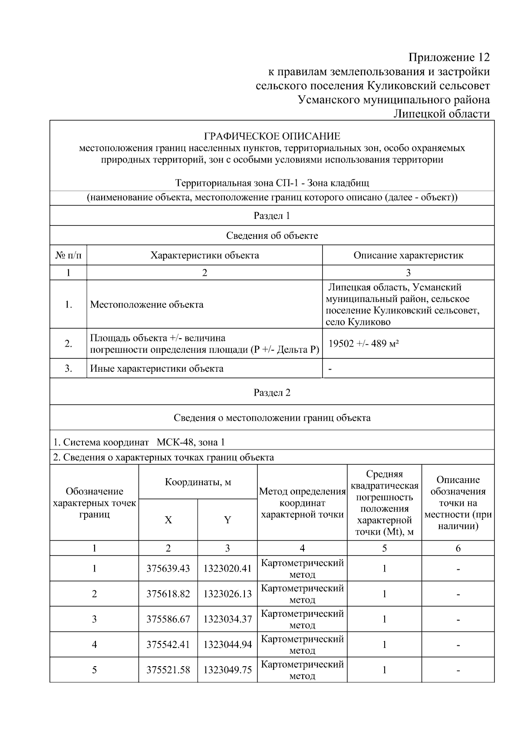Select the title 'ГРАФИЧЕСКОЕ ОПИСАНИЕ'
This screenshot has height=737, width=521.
pos(272,137)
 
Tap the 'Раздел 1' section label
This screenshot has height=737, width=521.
pos(272,216)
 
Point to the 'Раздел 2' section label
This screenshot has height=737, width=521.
pos(272,393)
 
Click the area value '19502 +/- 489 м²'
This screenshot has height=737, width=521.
pos(364,344)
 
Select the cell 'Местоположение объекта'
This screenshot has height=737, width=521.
pos(147,304)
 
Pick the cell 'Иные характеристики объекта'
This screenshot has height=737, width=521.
pos(157,369)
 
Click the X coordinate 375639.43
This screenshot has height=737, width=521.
pos(168,568)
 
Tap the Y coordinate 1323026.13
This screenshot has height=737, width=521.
pos(228,594)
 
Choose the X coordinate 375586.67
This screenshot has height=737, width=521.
pos(168,619)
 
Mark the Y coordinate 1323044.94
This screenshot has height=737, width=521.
pos(228,644)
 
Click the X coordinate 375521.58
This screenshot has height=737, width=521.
pos(168,670)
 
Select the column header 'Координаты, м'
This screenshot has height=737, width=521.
pos(198,482)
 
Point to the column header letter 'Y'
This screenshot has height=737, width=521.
pos(228,520)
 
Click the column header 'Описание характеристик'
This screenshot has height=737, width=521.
pos(408,255)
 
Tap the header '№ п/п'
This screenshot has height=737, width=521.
pos(68,255)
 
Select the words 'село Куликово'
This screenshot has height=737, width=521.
pos(358,322)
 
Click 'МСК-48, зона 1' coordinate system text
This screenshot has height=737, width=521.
pos(191,443)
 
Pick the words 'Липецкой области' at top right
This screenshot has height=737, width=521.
pos(442,114)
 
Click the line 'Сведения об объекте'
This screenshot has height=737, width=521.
pos(272,235)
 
